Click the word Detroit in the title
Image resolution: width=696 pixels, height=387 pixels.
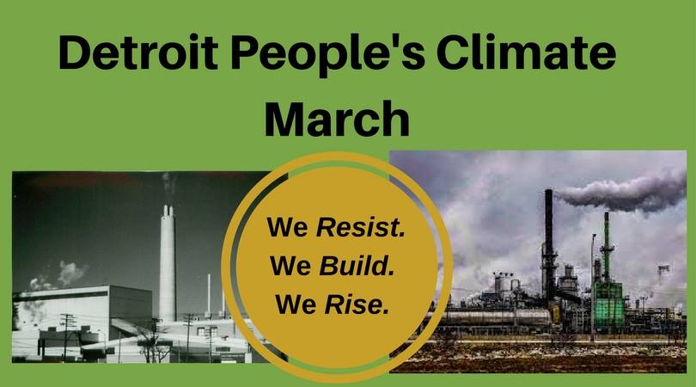point(138,52)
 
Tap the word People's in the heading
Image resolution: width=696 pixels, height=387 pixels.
point(327,55)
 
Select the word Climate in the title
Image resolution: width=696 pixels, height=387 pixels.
point(526,52)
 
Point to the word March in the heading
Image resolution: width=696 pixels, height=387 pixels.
point(337,119)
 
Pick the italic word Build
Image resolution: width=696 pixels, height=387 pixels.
point(357,265)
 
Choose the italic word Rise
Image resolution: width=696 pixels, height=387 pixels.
point(357,304)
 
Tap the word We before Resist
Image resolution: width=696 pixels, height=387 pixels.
point(288,227)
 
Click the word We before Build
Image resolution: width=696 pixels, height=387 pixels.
point(290,266)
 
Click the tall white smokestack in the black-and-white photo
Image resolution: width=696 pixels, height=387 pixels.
point(168,263)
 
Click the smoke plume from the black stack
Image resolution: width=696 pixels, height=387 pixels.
point(621,193)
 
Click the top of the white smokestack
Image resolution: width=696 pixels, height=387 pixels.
point(168,206)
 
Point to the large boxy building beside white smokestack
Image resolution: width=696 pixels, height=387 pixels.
point(84,306)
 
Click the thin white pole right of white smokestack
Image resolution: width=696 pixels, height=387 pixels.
point(209,296)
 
